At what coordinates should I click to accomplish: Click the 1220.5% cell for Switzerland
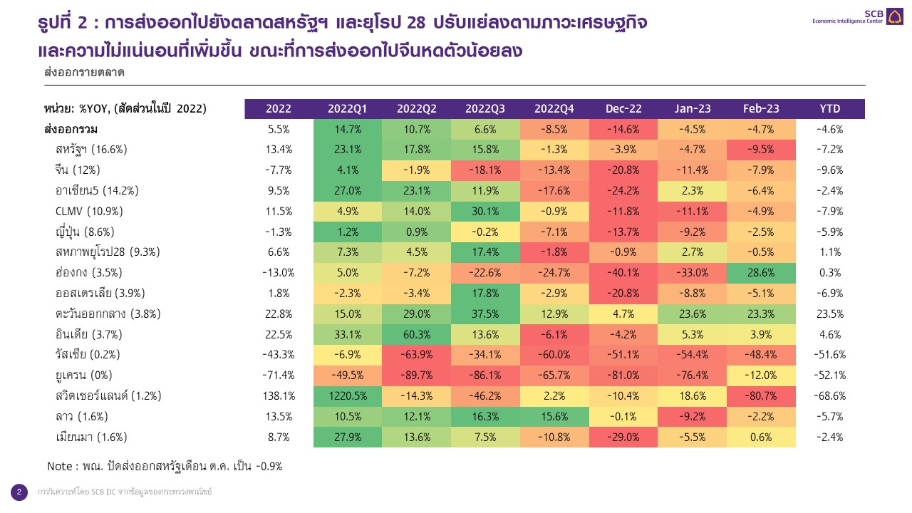click(347, 396)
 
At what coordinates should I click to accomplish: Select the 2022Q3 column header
click(485, 108)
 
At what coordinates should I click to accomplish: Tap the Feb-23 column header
click(761, 108)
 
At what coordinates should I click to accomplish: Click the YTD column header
click(830, 108)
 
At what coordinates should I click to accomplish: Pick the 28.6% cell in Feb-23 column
click(761, 273)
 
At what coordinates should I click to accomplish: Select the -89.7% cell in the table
click(416, 375)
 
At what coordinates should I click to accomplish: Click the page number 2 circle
click(19, 492)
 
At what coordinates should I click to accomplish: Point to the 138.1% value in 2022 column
click(278, 396)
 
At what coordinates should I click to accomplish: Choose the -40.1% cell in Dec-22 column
click(623, 273)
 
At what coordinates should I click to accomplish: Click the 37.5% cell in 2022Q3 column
click(485, 314)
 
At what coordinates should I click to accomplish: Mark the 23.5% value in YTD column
click(830, 314)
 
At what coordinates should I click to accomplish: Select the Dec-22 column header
click(623, 108)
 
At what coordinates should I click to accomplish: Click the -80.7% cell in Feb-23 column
click(761, 396)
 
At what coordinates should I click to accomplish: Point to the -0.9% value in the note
click(267, 466)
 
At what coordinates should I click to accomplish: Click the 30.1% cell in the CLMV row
click(485, 211)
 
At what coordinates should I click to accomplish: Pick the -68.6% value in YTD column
click(830, 396)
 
